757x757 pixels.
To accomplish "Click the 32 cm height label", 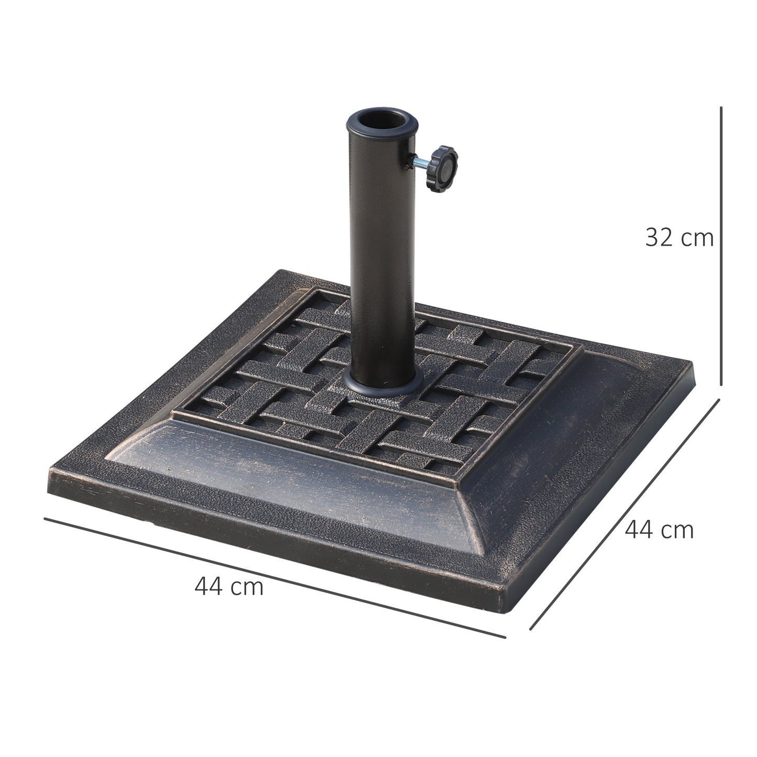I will click(x=679, y=237).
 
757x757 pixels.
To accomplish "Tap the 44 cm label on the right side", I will click(x=659, y=530).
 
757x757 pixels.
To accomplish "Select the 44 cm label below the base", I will click(x=229, y=586).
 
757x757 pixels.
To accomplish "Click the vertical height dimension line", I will click(x=721, y=246).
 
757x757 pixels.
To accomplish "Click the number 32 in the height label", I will click(x=659, y=237).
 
